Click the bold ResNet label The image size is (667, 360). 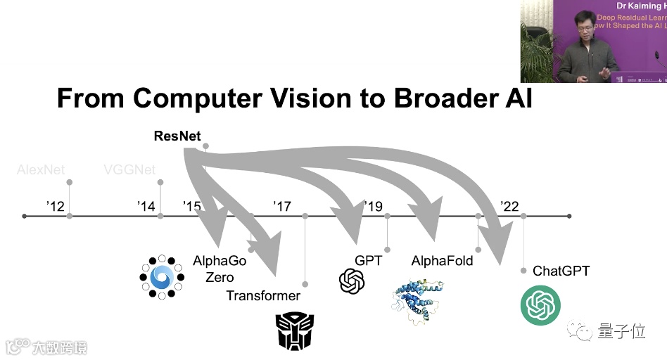click(x=177, y=136)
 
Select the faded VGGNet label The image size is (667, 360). click(x=129, y=169)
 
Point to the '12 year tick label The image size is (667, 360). click(x=55, y=206)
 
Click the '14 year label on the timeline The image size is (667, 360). click(x=146, y=206)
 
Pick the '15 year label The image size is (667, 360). click(x=191, y=206)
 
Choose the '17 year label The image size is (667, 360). click(x=282, y=206)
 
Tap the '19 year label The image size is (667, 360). click(x=374, y=206)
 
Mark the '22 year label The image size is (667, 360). click(x=509, y=206)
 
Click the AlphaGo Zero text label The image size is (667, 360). click(x=220, y=269)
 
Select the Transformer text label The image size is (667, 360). click(x=263, y=296)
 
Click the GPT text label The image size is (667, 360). click(x=369, y=261)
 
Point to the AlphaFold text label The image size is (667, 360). click(x=442, y=262)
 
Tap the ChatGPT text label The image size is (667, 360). click(x=561, y=271)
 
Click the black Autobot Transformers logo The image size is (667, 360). click(x=294, y=331)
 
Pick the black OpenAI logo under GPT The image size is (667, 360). click(x=352, y=281)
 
